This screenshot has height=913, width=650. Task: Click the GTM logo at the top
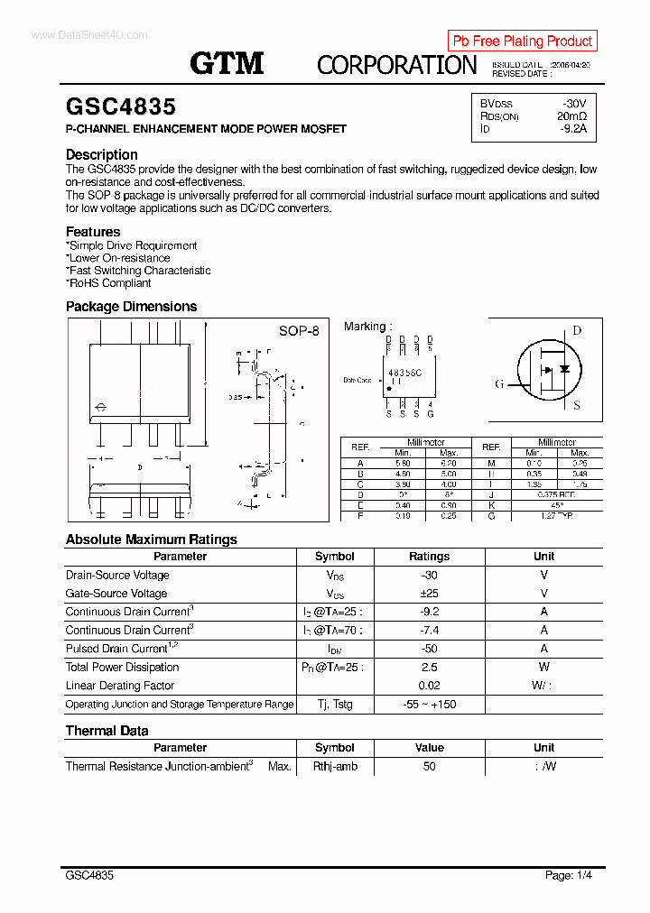pos(227,63)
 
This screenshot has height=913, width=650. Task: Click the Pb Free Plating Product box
pos(522,41)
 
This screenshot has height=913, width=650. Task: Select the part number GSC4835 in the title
pos(121,107)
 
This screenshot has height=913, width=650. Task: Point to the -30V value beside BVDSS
pos(573,104)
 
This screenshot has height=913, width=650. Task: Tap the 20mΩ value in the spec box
pos(571,116)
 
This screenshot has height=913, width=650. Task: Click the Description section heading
pos(102,154)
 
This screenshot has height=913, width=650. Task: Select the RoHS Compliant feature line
pos(109,282)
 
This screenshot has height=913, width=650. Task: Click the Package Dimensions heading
pos(131,307)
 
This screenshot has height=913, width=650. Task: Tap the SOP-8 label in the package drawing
pos(299,331)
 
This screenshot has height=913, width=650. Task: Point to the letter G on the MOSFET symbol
pos(499,384)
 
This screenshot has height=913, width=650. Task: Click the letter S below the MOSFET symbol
pos(577,405)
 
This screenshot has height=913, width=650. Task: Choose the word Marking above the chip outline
pos(366,327)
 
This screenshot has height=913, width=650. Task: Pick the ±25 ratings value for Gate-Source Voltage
pos(429,594)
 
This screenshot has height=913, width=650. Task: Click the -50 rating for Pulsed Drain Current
pos(429,649)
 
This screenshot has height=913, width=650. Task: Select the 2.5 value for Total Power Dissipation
pos(429,668)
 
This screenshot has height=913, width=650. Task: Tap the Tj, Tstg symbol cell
pos(334,705)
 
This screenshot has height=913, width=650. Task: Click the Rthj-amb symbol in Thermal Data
pos(335,766)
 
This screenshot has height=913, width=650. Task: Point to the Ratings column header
pos(429,557)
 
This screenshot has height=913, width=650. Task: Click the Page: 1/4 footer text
pos(569,875)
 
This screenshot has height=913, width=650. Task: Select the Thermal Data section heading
pos(107,731)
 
